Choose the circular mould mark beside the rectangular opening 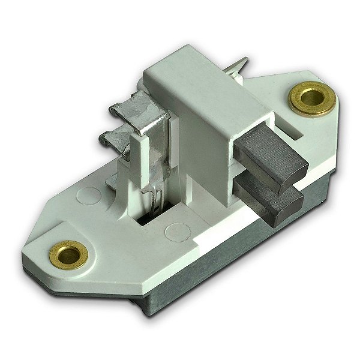click(x=175, y=230)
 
